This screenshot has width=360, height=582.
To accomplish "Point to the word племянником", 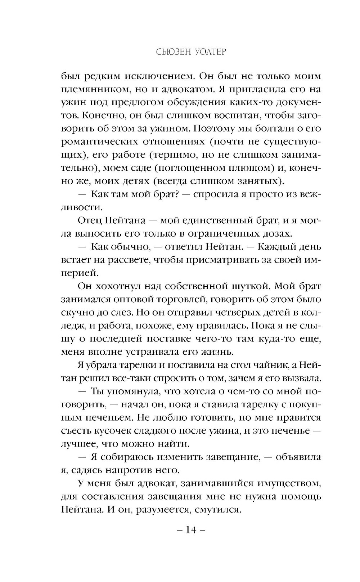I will pyautogui.click(x=97, y=89).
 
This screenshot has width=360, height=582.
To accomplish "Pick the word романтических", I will pyautogui.click(x=97, y=142).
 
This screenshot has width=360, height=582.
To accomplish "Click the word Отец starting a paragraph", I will pyautogui.click(x=90, y=220).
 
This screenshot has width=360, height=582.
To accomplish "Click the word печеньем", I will pyautogui.click(x=107, y=417).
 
